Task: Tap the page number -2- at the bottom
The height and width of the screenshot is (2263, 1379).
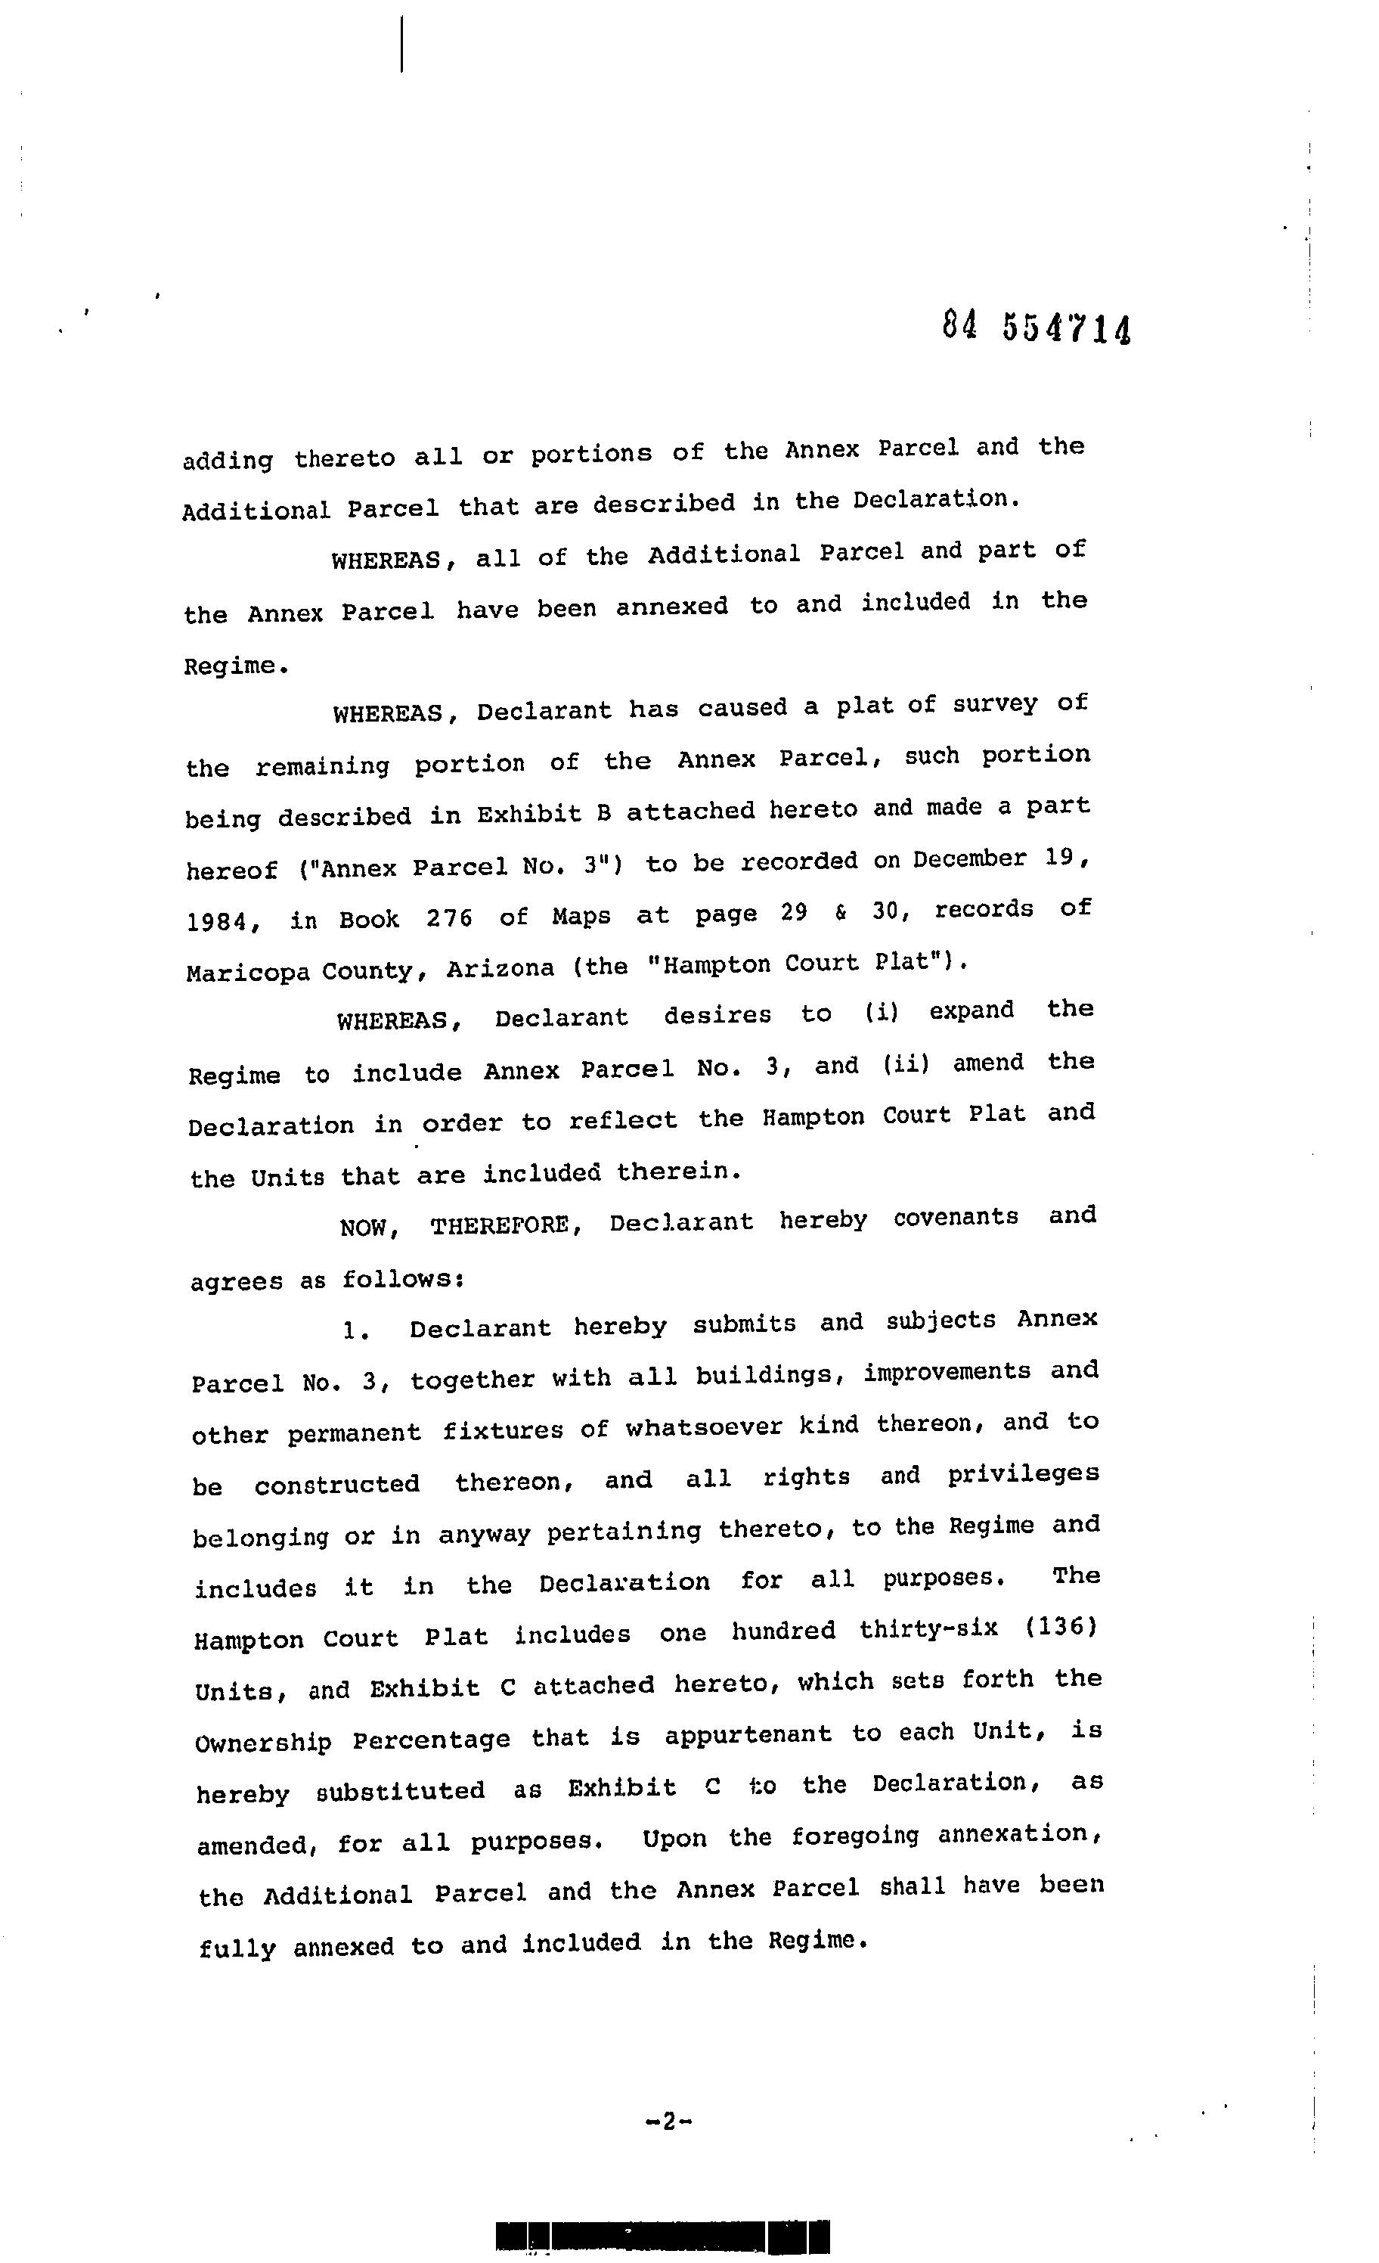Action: [668, 2121]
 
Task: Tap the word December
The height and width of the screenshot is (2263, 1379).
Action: [969, 858]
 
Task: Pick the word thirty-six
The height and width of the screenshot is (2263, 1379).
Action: [928, 1630]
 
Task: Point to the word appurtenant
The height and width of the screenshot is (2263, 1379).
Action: [748, 1734]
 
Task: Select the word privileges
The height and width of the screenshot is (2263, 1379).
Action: [1023, 1475]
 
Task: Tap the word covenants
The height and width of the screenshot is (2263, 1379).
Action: [956, 1217]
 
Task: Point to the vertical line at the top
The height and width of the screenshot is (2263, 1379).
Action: [402, 43]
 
